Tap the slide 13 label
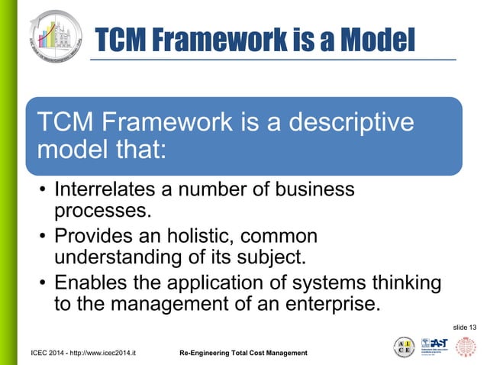click(465, 327)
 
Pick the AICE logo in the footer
click(405, 347)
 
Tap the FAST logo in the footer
click(434, 346)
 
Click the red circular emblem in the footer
click(466, 347)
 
